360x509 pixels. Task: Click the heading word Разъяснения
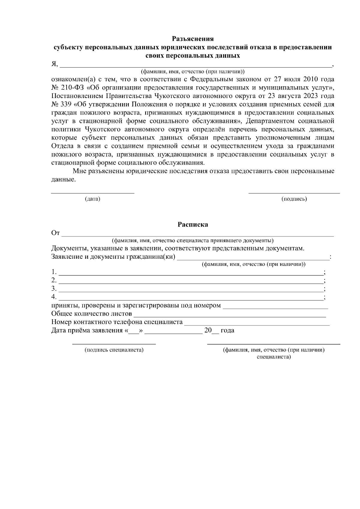click(x=193, y=39)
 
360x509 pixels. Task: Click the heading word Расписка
click(x=193, y=225)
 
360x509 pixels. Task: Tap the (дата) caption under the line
click(x=92, y=199)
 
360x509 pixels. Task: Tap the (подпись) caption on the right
click(x=294, y=199)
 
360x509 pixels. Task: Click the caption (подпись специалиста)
click(x=114, y=350)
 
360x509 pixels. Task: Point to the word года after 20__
click(x=227, y=331)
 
